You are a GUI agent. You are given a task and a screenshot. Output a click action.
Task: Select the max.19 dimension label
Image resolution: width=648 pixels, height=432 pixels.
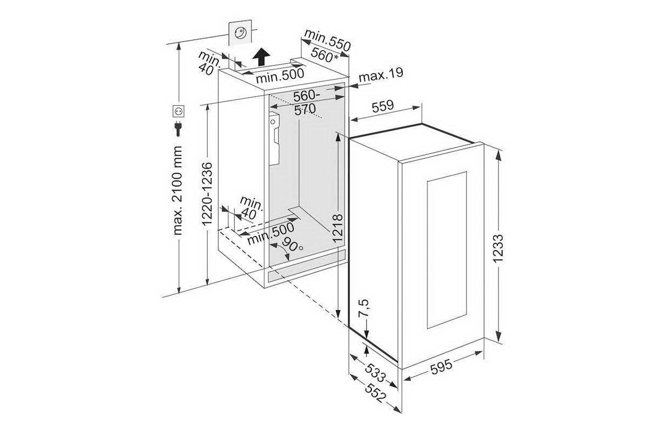(381, 75)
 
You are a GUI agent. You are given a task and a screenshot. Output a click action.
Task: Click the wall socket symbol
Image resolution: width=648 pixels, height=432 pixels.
(178, 111)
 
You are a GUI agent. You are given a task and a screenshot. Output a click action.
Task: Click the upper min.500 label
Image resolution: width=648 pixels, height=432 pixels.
(280, 76)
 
